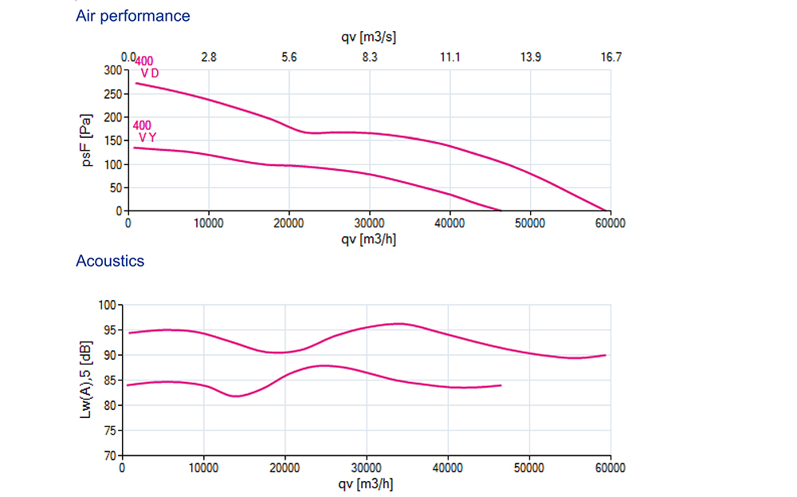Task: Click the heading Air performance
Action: tap(132, 16)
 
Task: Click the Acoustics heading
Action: tap(110, 261)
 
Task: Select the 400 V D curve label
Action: tap(146, 68)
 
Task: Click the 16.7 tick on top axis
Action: tap(611, 57)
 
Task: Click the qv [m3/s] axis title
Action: tap(369, 37)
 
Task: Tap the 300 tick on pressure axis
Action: tap(113, 70)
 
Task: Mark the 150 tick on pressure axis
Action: tap(113, 141)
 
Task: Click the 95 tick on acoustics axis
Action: tap(111, 330)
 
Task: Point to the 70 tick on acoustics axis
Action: tap(111, 456)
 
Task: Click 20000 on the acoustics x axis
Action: tap(285, 468)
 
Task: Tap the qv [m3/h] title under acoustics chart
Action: tap(366, 484)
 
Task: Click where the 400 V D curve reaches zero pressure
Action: tap(606, 211)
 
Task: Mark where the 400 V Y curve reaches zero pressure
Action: tap(501, 211)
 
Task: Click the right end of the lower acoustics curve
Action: tap(501, 385)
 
